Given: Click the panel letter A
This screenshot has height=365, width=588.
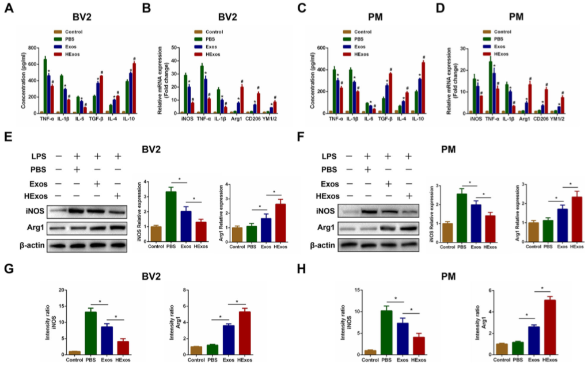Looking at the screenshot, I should pos(8,9).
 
